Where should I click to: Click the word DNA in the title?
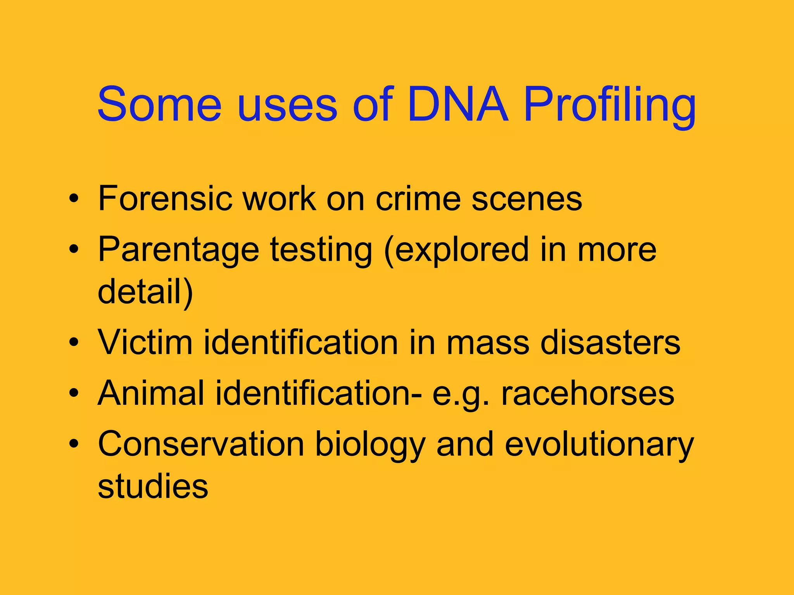click(x=457, y=105)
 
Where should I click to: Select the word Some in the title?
click(x=159, y=105)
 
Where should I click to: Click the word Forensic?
click(x=165, y=199)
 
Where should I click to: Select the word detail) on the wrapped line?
click(x=145, y=291)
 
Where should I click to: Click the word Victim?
click(x=145, y=342)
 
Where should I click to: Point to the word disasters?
click(x=610, y=342)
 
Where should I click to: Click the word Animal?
click(x=151, y=393)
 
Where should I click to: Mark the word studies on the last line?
click(x=153, y=487)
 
